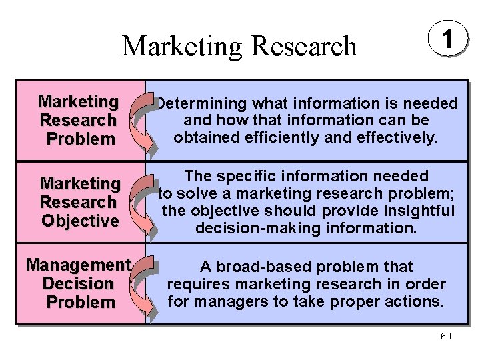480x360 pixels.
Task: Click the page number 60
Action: click(445, 336)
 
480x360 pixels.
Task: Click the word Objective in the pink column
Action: click(79, 220)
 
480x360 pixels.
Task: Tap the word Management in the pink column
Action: click(78, 265)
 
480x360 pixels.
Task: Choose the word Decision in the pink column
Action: click(78, 283)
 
